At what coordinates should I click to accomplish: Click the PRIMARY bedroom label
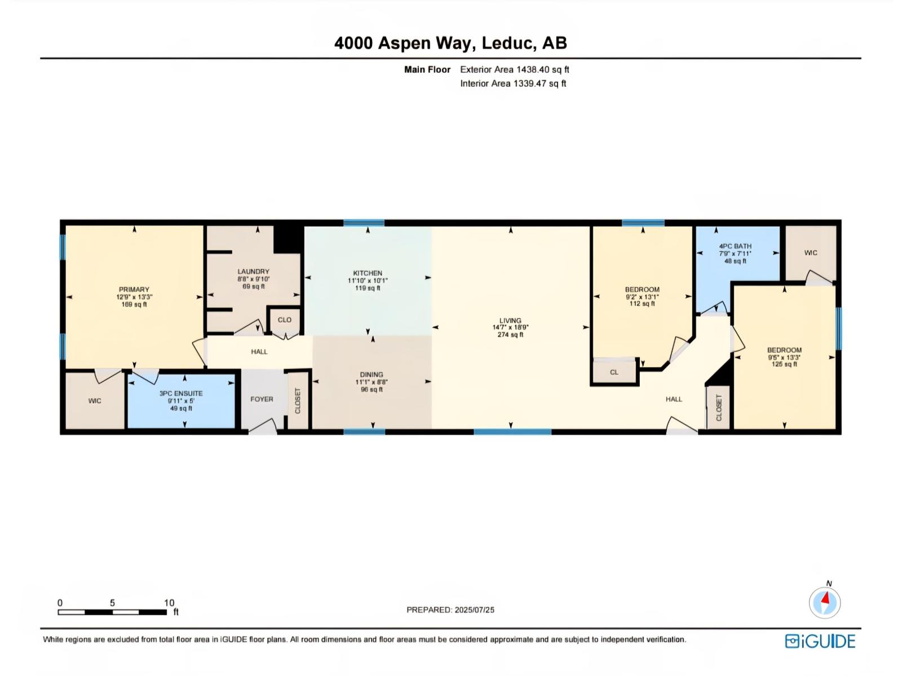click(134, 290)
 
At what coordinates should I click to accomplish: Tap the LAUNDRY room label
click(253, 272)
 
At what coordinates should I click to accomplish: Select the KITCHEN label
click(368, 273)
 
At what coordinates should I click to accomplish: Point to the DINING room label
click(372, 375)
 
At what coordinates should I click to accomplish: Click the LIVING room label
click(510, 321)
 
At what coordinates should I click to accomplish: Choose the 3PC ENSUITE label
click(181, 394)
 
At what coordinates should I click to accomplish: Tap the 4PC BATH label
click(735, 247)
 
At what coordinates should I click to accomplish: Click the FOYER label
click(262, 399)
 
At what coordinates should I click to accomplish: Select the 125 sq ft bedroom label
click(784, 350)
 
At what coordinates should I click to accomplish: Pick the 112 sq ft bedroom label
click(642, 290)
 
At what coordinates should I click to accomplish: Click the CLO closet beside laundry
click(285, 320)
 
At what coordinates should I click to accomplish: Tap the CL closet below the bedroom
click(614, 372)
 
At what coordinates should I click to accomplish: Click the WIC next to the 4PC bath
click(811, 253)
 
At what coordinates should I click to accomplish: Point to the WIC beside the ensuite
click(95, 401)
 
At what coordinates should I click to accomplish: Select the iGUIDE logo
click(820, 641)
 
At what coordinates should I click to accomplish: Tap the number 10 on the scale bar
click(169, 603)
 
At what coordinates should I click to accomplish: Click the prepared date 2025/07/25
click(474, 610)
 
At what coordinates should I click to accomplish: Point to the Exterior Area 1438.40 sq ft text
click(514, 70)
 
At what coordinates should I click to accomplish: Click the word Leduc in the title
click(509, 43)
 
